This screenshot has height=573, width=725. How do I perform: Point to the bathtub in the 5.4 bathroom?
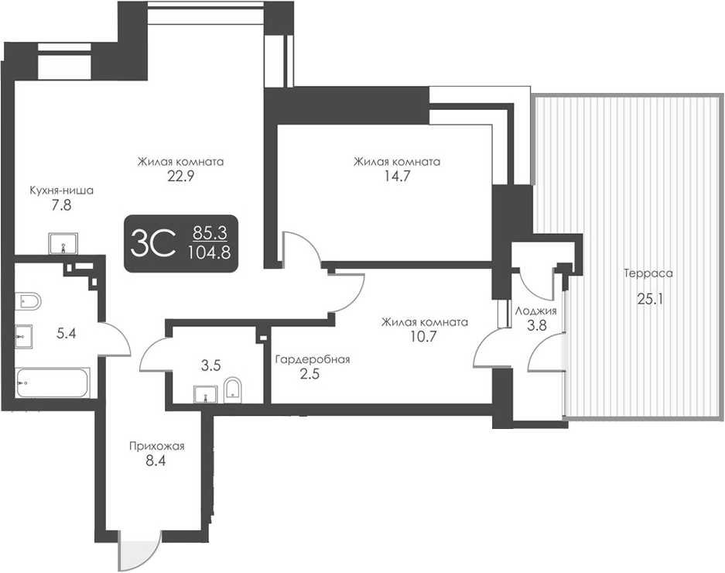pyautogui.click(x=53, y=383)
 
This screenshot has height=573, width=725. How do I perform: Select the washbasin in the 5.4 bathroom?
pyautogui.click(x=22, y=335)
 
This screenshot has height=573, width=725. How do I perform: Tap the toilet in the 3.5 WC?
pyautogui.click(x=233, y=391)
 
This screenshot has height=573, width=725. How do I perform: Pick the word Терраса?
pyautogui.click(x=648, y=273)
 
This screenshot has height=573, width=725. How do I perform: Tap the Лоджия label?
pyautogui.click(x=536, y=311)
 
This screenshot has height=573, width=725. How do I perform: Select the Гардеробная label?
pyautogui.click(x=313, y=359)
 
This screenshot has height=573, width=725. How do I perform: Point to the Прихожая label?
pyautogui.click(x=157, y=446)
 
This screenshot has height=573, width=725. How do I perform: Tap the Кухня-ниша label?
pyautogui.click(x=61, y=190)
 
